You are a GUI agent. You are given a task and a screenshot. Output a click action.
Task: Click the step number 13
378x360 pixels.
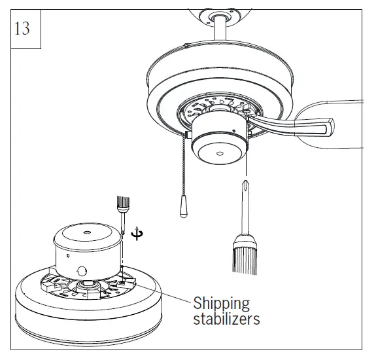pos(22,29)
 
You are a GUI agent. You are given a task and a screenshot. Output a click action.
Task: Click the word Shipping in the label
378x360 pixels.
pos(221,304)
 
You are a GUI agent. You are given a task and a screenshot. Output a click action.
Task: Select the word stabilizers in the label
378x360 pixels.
pos(226,319)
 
